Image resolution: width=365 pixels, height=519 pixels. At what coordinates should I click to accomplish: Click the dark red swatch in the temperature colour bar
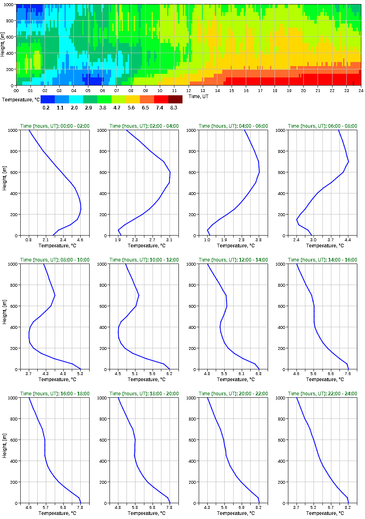(x=175, y=99)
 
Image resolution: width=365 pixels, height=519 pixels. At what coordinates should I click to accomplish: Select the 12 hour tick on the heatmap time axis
(x=189, y=90)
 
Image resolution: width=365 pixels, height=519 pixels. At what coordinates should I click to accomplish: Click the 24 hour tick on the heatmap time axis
(x=361, y=90)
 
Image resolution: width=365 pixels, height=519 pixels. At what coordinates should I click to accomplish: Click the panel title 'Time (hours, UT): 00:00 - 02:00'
(x=55, y=126)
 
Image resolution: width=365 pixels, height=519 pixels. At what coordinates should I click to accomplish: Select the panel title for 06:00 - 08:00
(x=322, y=126)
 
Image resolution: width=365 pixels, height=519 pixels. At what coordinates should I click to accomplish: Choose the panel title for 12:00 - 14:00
(x=233, y=260)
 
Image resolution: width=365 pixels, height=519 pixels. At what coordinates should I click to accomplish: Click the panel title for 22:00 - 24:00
(x=322, y=394)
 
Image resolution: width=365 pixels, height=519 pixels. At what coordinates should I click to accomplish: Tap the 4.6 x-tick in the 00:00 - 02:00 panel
(x=80, y=240)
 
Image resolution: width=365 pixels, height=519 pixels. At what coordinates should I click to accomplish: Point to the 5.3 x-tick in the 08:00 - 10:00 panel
(x=80, y=374)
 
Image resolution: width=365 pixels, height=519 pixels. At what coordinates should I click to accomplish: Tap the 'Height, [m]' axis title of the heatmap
(x=4, y=45)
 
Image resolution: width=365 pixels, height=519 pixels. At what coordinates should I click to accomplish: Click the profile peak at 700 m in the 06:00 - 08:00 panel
(x=348, y=162)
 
